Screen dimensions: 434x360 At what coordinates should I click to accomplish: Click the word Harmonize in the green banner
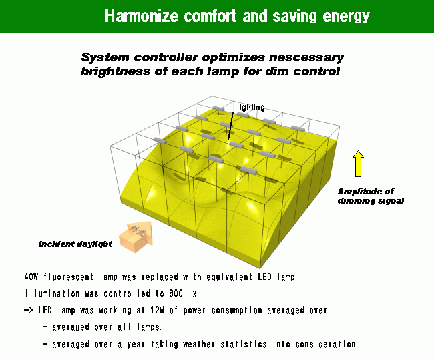[142, 16]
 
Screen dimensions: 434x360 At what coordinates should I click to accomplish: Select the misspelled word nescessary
[306, 57]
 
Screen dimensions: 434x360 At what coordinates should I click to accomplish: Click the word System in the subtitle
[105, 57]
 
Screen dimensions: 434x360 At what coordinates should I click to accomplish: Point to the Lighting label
[250, 107]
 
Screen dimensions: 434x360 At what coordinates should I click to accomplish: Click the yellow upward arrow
[358, 164]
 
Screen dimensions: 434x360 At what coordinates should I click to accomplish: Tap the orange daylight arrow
[136, 236]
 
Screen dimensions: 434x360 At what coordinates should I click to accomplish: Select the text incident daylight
[75, 244]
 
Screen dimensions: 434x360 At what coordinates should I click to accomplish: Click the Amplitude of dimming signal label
[371, 196]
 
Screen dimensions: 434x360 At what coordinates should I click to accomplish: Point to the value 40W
[31, 277]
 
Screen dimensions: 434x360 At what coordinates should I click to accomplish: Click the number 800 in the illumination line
[176, 293]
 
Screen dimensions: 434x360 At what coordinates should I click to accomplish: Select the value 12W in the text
[157, 310]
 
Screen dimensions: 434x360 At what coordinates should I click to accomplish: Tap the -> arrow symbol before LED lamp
[29, 310]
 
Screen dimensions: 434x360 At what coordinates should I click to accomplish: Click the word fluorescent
[68, 277]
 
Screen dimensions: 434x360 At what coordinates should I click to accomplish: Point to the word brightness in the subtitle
[115, 71]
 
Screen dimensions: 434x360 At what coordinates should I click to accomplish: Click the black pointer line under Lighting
[230, 126]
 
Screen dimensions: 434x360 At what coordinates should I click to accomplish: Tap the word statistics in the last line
[244, 344]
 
